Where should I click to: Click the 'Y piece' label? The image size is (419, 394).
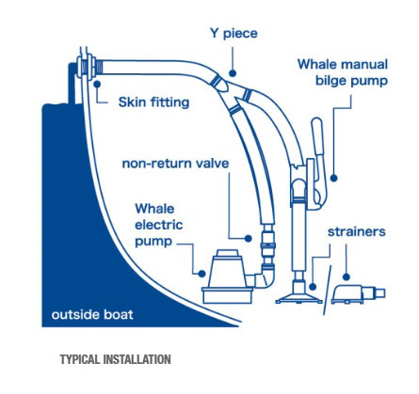point(234,34)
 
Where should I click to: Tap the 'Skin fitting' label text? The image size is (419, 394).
point(153,102)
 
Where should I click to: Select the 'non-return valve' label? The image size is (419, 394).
point(175,164)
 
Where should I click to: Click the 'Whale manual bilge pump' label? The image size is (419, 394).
point(343,72)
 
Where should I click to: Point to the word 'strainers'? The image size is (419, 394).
point(357,232)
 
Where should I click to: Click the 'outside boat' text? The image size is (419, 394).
point(92,314)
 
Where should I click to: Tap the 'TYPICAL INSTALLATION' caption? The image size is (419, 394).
point(116,359)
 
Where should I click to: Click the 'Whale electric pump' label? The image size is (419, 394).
point(159,225)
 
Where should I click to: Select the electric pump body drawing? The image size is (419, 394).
point(227,276)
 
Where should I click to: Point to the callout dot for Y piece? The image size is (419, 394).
point(233,73)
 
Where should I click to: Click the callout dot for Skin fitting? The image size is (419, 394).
point(97,84)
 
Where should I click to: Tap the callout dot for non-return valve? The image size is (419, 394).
point(249,239)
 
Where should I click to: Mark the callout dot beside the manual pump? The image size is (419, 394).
point(334,178)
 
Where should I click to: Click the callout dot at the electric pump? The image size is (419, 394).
point(202,274)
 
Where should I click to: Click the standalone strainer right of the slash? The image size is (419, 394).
point(358,294)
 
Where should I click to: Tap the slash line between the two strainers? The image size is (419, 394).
point(328,291)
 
